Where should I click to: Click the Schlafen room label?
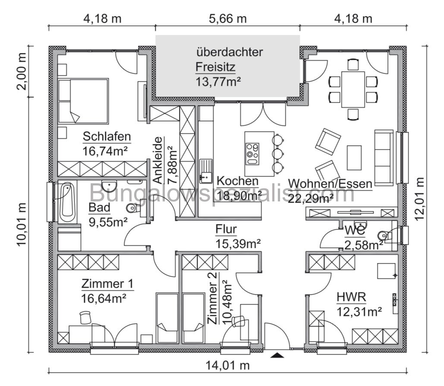107,137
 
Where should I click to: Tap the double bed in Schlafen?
83,101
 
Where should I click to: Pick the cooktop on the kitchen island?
252,152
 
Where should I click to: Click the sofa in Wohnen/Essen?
384,157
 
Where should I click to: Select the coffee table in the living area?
354,158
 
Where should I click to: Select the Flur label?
226,229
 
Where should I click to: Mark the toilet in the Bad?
133,209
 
